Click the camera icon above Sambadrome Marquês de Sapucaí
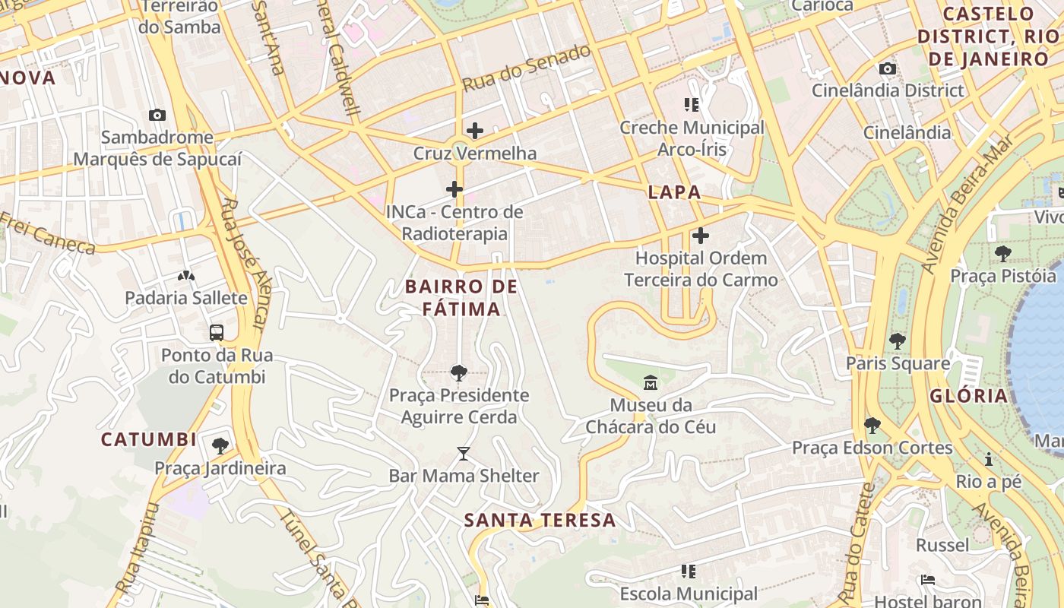[157, 115]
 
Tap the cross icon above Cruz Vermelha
[475, 131]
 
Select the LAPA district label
[674, 192]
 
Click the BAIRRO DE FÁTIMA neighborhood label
[461, 298]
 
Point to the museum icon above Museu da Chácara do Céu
[651, 382]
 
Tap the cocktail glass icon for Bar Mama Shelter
[464, 454]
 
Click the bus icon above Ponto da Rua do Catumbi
[217, 332]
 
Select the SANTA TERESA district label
[540, 521]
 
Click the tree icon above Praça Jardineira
[220, 445]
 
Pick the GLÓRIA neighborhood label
[968, 395]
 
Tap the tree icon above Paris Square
[898, 340]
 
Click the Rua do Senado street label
[526, 68]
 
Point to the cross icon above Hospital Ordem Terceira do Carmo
[701, 236]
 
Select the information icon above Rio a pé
[989, 459]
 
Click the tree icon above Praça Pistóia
[1003, 253]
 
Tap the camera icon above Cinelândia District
[887, 68]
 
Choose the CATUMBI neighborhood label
[149, 439]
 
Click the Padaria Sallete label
[186, 297]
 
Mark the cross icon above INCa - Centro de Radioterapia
[454, 188]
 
